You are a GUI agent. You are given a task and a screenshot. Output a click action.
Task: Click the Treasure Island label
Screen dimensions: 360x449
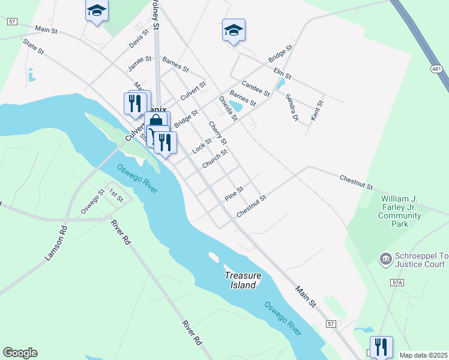click(243, 280)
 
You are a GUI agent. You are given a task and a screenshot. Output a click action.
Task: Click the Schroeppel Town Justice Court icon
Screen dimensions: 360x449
click(385, 259)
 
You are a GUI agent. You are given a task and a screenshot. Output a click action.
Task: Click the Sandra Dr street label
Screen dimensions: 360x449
click(292, 107)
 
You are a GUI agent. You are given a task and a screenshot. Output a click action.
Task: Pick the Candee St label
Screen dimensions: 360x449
click(255, 89)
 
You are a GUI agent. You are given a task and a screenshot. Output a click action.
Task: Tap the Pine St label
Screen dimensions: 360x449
click(234, 193)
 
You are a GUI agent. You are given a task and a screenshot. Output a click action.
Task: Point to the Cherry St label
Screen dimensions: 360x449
click(217, 133)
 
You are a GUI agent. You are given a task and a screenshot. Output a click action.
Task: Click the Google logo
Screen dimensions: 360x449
click(20, 353)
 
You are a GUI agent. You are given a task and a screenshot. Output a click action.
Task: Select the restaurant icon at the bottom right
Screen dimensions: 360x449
click(381, 347)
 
